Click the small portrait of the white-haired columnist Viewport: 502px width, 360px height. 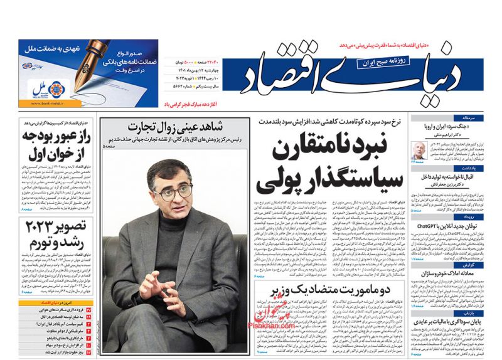(418, 150)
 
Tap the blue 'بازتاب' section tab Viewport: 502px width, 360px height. (477, 311)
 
